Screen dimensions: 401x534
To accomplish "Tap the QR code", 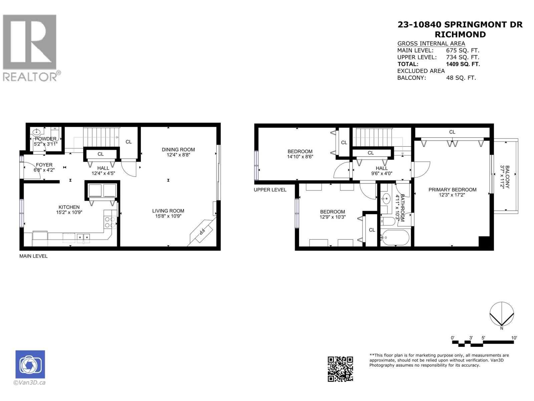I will click(x=340, y=369).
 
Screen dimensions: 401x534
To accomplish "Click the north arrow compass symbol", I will click(x=501, y=314).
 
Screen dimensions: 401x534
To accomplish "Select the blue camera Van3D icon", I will click(x=30, y=364).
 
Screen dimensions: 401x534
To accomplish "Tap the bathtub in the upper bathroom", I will click(x=395, y=238).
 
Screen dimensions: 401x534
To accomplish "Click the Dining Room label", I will click(x=178, y=149).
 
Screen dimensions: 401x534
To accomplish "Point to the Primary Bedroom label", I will click(x=452, y=189).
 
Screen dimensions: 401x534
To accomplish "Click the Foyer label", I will click(x=44, y=165).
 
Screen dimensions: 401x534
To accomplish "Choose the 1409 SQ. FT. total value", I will click(x=463, y=64).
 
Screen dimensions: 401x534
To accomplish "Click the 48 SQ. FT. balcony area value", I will click(x=461, y=78).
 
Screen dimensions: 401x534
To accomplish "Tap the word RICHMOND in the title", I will click(x=460, y=34).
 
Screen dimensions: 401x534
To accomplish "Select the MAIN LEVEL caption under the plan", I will click(x=33, y=256).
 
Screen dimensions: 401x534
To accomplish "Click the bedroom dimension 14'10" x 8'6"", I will click(x=300, y=156).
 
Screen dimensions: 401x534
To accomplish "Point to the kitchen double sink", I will click(x=83, y=237).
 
